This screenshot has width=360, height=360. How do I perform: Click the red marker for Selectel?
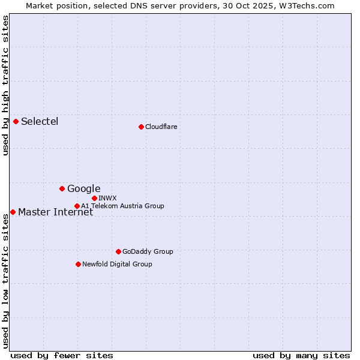click(x=16, y=121)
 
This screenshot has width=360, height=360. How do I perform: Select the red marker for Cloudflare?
click(x=141, y=127)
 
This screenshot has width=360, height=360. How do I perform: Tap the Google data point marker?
click(x=62, y=188)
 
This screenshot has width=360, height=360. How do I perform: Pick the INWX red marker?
click(x=94, y=198)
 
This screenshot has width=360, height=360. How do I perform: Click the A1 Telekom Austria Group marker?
click(x=77, y=206)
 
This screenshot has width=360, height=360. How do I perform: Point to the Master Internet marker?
click(x=13, y=212)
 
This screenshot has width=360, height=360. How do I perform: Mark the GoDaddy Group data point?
click(x=118, y=251)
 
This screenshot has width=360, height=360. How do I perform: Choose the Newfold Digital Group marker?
click(x=78, y=264)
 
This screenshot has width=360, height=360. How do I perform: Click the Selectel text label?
click(x=40, y=122)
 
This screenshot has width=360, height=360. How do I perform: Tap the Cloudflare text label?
click(x=161, y=127)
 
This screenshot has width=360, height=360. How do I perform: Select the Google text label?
click(x=83, y=189)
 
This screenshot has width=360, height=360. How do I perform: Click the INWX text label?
click(x=107, y=198)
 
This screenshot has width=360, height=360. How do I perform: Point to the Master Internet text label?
click(x=55, y=212)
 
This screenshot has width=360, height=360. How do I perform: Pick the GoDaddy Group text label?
click(x=148, y=251)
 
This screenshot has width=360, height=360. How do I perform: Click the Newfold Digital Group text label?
click(x=117, y=264)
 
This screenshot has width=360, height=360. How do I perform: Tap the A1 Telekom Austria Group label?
click(x=122, y=206)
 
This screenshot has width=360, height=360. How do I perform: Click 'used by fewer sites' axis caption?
click(x=62, y=355)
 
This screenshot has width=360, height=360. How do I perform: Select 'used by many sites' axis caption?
click(x=301, y=355)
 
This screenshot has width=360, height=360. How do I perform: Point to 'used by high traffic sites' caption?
click(x=5, y=85)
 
